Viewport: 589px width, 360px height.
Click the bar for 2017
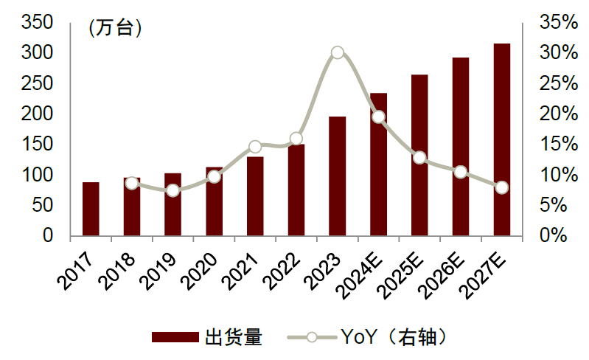[91, 209]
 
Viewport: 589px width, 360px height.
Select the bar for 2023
[337, 176]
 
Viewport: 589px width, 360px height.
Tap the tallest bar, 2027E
[502, 140]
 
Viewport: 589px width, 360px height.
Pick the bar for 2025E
[419, 156]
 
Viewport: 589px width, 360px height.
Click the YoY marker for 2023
[337, 52]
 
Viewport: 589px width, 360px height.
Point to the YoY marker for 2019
[172, 190]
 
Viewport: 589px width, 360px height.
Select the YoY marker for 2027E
[502, 187]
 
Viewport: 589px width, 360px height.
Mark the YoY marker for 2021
[255, 147]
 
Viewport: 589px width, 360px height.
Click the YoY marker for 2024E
[378, 117]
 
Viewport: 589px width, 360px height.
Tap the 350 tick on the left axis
[37, 23]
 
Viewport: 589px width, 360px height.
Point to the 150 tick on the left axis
[37, 145]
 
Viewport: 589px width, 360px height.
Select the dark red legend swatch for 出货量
[175, 338]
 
